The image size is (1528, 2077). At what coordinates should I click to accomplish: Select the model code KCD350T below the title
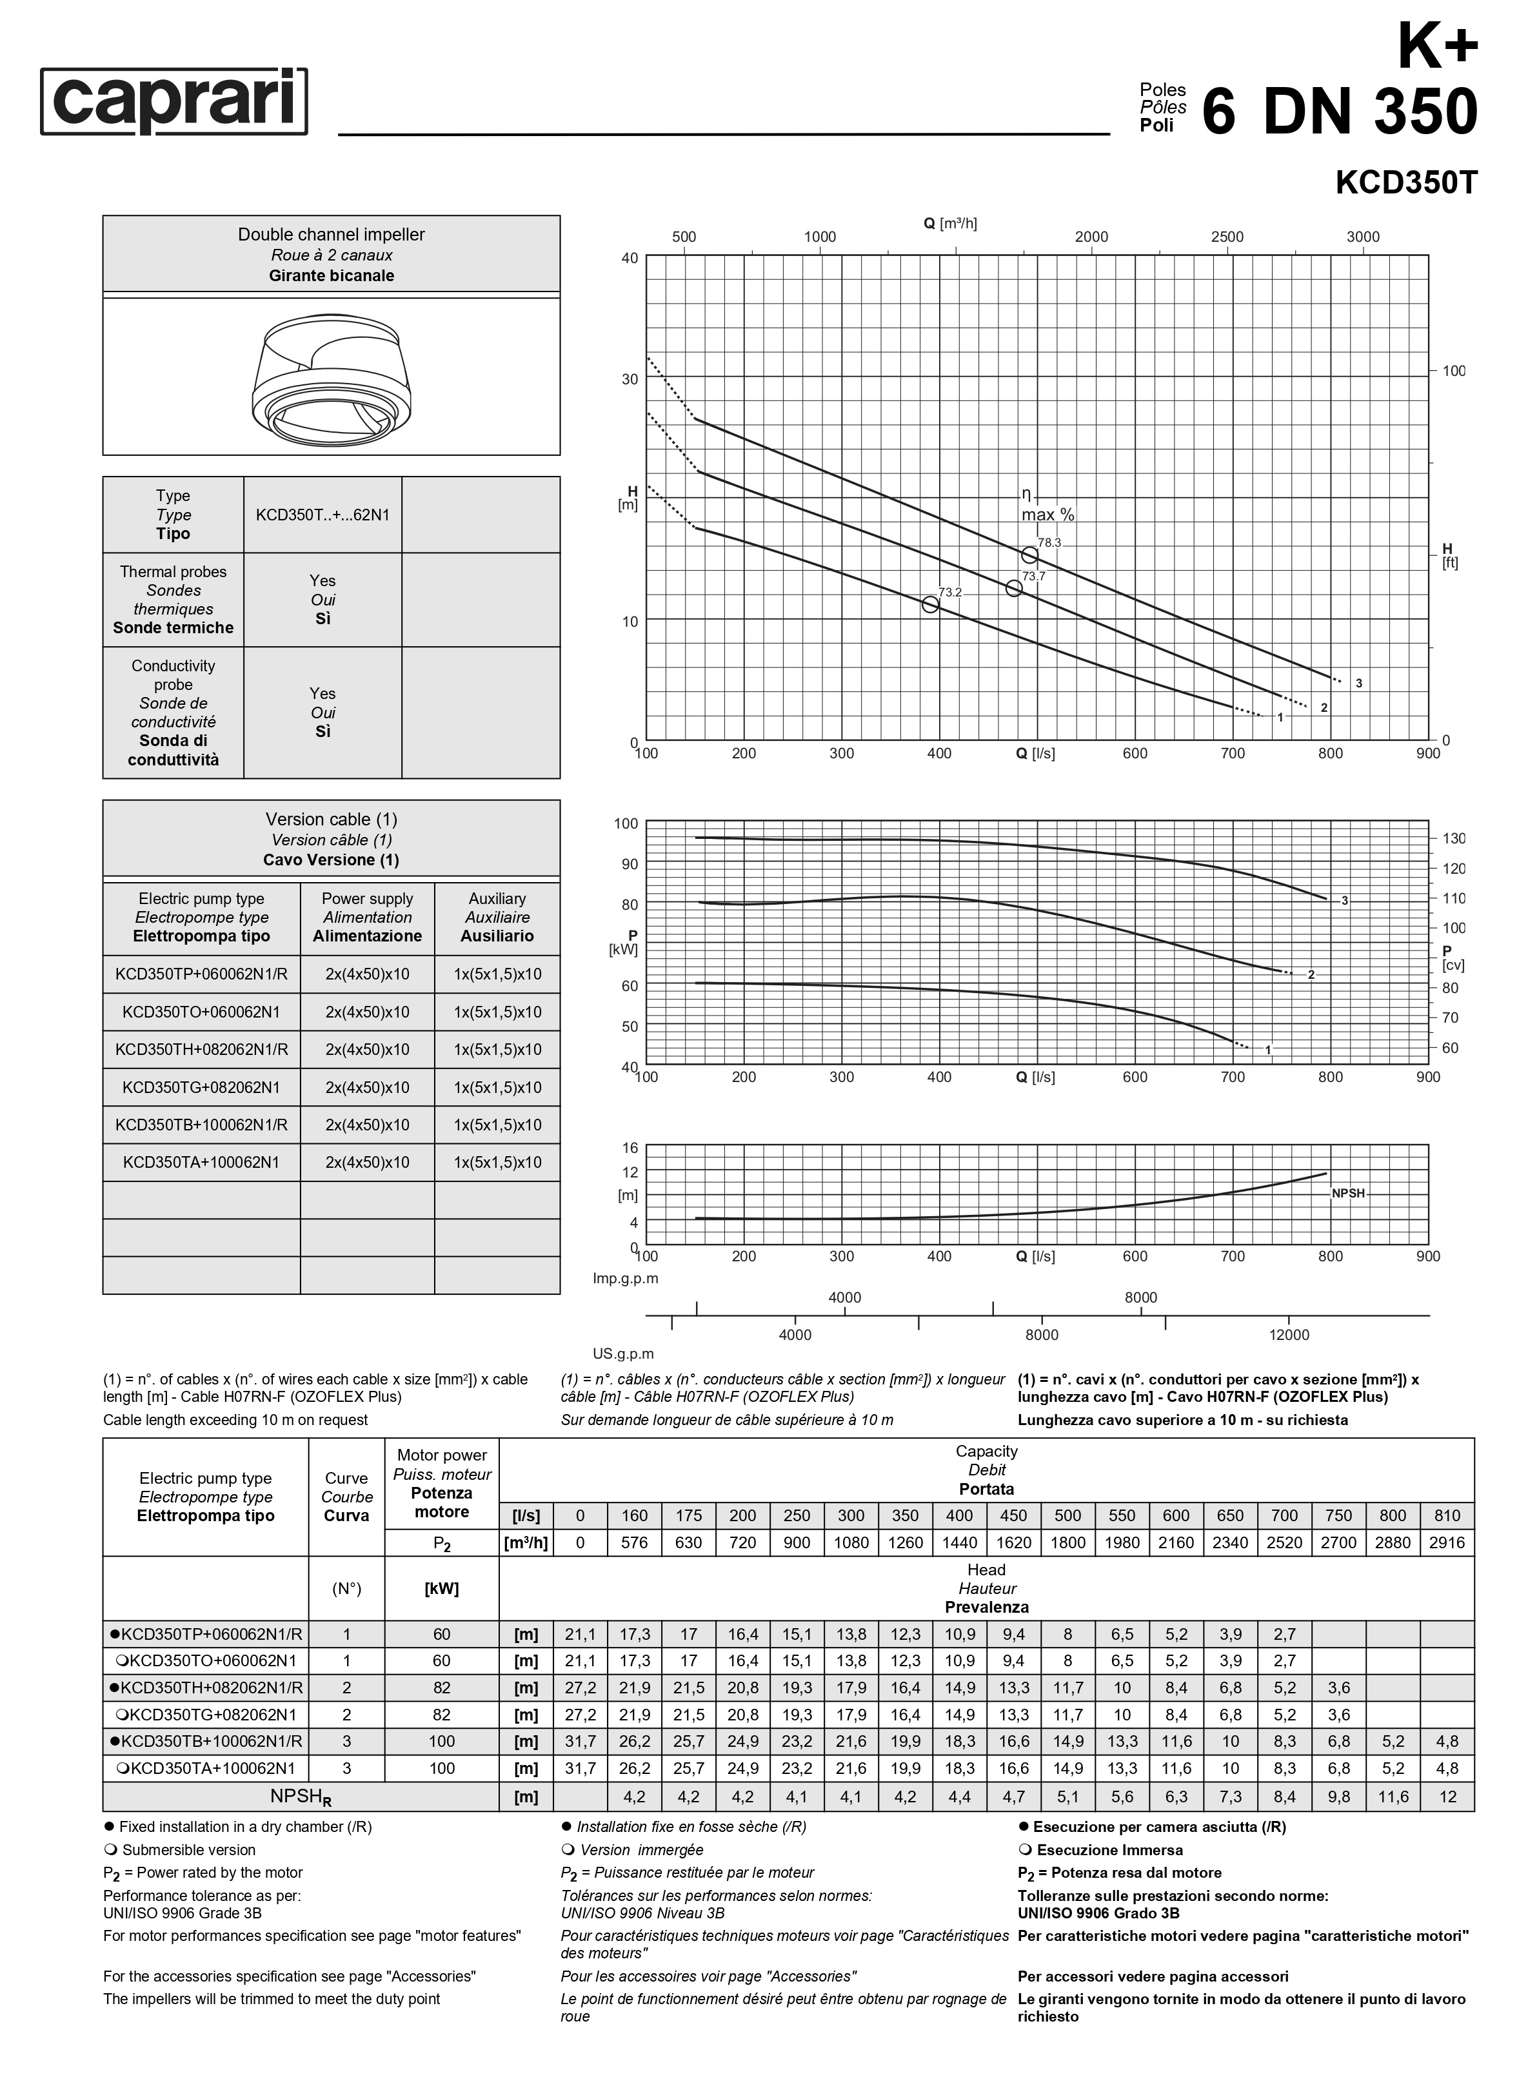pos(1406,183)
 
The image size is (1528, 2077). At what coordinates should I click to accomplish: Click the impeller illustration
pos(331,377)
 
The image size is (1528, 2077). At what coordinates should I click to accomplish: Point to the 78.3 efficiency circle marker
pos(1029,555)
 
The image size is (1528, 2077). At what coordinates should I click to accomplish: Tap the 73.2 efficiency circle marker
pos(931,604)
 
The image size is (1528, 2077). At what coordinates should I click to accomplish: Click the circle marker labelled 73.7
pos(1014,588)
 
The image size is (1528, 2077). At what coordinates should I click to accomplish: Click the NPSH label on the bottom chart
pos(1347,1194)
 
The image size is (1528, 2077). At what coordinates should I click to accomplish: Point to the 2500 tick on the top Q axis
pos(1227,237)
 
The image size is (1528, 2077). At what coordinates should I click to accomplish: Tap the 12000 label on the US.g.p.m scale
pos(1289,1334)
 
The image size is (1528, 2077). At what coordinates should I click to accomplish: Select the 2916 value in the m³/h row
pos(1447,1542)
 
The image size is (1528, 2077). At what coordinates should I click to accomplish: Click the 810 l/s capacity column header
pos(1447,1515)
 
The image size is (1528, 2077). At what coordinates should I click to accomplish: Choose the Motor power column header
pos(441,1483)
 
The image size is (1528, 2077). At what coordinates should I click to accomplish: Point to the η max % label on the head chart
pos(1047,505)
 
